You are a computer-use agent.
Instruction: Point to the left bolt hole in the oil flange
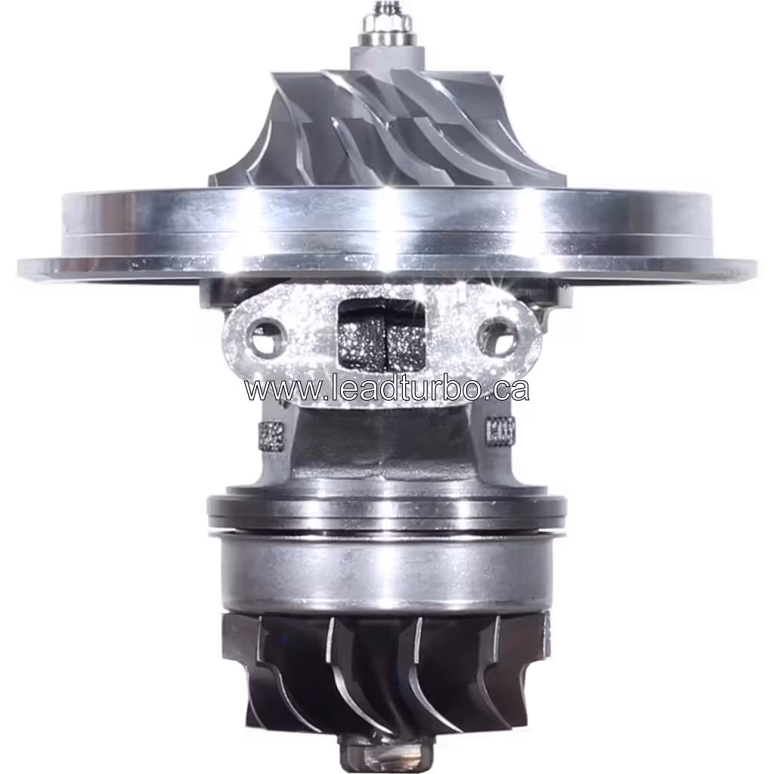[265, 337]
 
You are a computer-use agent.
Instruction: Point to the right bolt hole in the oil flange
[499, 337]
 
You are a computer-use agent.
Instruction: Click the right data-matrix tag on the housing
[501, 432]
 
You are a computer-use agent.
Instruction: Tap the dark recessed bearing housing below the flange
[385, 446]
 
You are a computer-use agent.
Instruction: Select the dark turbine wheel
[385, 673]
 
